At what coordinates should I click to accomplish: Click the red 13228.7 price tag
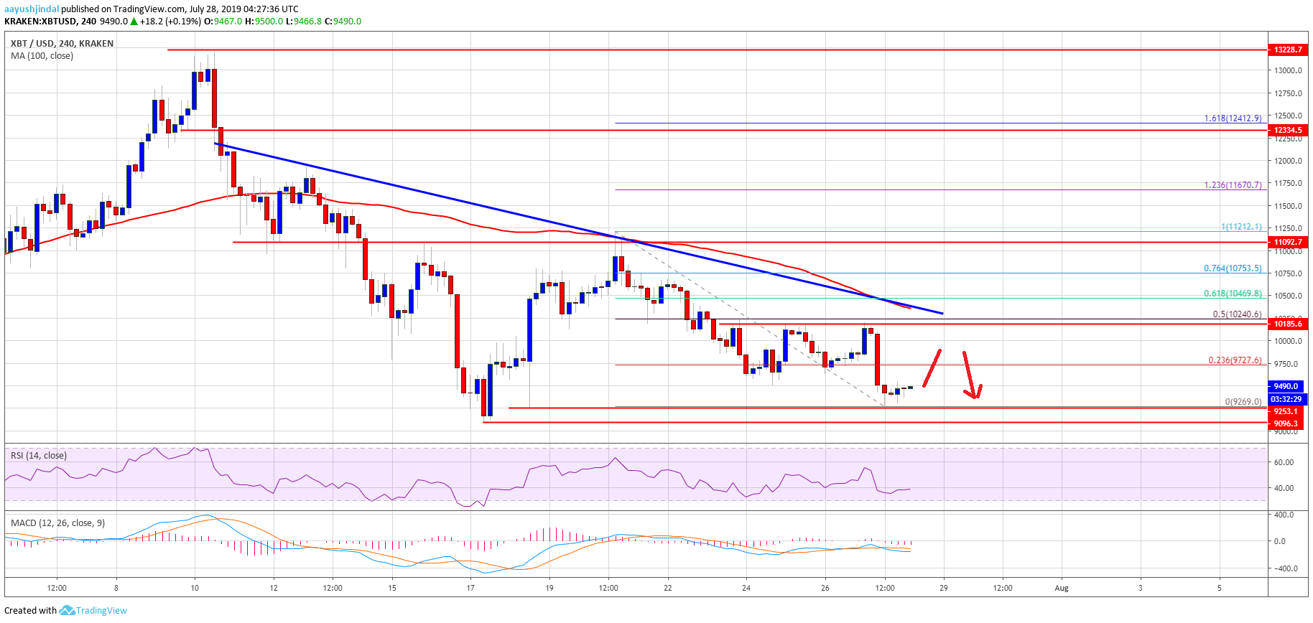(1288, 50)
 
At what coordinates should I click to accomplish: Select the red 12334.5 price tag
(1288, 130)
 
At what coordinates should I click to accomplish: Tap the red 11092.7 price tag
(1288, 242)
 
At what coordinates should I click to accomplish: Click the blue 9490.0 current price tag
(1286, 386)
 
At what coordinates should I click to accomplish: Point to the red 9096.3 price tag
(1286, 423)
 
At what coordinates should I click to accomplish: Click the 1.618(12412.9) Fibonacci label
(1233, 118)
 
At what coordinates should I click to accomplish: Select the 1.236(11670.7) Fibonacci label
(1233, 185)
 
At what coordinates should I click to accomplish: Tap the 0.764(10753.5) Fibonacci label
(1233, 268)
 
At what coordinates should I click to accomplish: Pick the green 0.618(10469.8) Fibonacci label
(1233, 294)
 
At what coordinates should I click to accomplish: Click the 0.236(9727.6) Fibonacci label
(1235, 360)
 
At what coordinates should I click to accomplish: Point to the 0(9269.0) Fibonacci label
(1243, 402)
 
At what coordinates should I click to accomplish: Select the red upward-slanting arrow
(932, 367)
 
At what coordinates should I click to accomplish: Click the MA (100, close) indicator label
(42, 56)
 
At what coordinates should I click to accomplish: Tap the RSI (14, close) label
(39, 456)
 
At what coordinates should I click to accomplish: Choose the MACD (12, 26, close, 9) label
(57, 523)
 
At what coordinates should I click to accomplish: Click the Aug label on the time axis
(1062, 588)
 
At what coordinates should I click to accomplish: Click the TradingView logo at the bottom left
(93, 611)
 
